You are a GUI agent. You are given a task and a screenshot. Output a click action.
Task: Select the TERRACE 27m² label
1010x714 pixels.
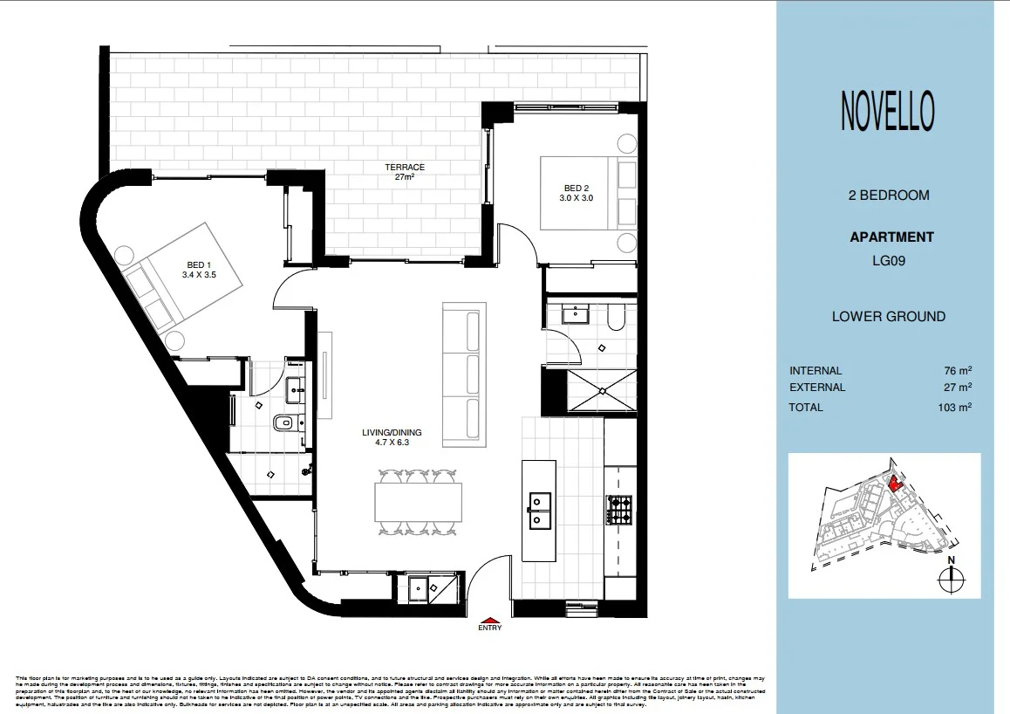pyautogui.click(x=406, y=172)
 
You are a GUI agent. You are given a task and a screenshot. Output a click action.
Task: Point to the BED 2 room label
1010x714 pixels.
pyautogui.click(x=577, y=193)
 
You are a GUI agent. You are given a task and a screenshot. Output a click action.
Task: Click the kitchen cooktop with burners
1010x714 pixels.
pyautogui.click(x=619, y=510)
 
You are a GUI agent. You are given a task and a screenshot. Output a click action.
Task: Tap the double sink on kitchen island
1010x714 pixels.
pyautogui.click(x=540, y=511)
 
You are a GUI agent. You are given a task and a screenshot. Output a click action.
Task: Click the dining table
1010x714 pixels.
pyautogui.click(x=418, y=502)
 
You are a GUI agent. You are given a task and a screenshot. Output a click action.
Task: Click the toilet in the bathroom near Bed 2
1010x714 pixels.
pyautogui.click(x=615, y=320)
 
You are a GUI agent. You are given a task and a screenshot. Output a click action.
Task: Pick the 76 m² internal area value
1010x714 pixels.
pyautogui.click(x=960, y=371)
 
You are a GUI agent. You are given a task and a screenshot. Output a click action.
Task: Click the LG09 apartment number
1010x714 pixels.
pyautogui.click(x=888, y=259)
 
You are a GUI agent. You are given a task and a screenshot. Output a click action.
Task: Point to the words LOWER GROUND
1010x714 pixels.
pyautogui.click(x=888, y=317)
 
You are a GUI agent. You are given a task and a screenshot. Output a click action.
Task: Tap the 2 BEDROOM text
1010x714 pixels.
pyautogui.click(x=888, y=196)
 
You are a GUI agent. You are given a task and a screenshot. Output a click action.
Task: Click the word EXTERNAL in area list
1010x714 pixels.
pyautogui.click(x=816, y=388)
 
